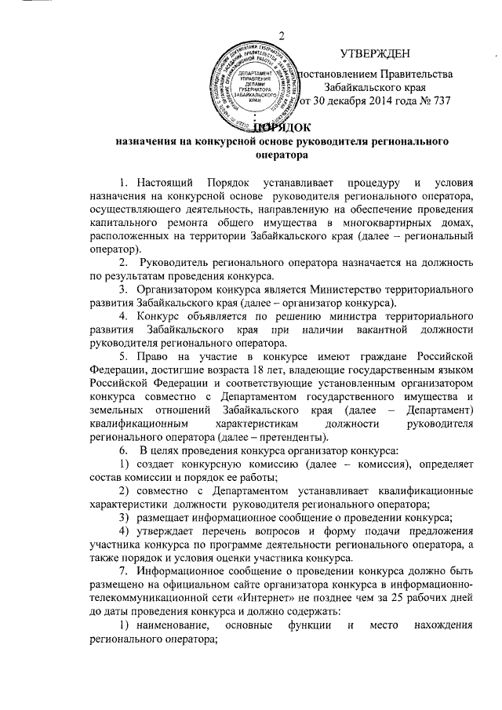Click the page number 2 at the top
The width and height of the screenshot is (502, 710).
280,32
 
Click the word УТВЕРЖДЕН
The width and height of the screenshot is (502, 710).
375,53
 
